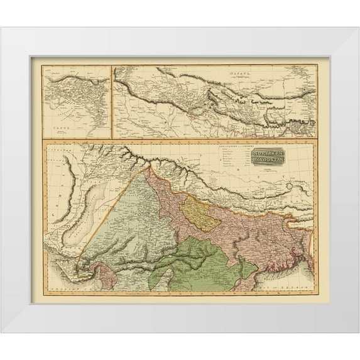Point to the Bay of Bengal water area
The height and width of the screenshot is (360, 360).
295,283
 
